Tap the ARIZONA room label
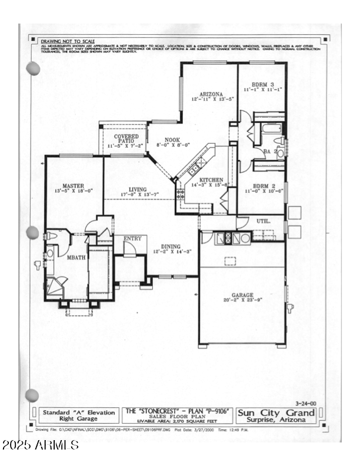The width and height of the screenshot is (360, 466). tap(211, 94)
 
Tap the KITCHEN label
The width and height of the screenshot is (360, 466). tap(211, 180)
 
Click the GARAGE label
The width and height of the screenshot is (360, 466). tap(242, 295)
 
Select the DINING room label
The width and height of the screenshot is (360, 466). tap(171, 247)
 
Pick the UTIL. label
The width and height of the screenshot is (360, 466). tap(263, 221)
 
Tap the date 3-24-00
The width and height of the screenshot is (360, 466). tap(306, 404)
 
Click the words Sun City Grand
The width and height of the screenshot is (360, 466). tap(276, 413)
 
